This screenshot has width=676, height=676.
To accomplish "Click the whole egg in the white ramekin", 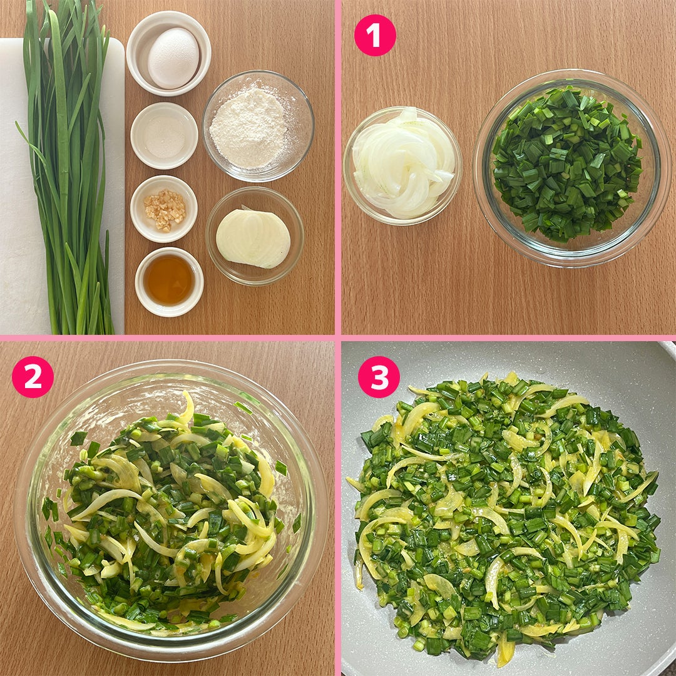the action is tap(173, 58).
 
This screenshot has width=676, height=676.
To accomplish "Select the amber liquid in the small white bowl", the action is tap(169, 280).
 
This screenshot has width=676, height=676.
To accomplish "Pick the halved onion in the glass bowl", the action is tap(253, 238).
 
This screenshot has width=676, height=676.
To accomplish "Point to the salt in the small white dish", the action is tap(164, 136).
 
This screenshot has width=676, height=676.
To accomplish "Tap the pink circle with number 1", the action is tap(375, 35).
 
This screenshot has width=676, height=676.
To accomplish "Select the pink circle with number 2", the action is tap(33, 377).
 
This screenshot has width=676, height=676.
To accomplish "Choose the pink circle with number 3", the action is tap(379, 377).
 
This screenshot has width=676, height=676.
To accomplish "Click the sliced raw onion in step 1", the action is tap(403, 163).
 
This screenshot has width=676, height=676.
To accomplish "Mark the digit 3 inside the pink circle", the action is tap(379, 377).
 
